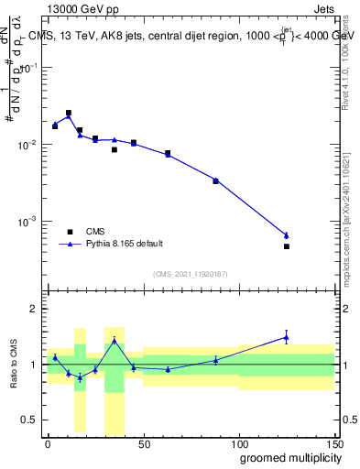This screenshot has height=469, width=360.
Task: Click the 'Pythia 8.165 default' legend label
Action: [x=125, y=244]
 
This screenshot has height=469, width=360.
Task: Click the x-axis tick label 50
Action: [x=143, y=443]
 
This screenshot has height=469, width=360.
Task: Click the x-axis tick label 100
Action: [x=238, y=443]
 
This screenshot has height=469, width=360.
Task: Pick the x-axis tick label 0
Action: [x=48, y=443]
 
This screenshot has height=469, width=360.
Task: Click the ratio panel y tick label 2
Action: [x=35, y=309]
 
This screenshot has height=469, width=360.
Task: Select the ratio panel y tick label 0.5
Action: [x=31, y=420]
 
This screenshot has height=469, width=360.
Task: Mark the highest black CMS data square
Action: [x=69, y=113]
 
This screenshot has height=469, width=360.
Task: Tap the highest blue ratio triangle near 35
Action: [x=115, y=340]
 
